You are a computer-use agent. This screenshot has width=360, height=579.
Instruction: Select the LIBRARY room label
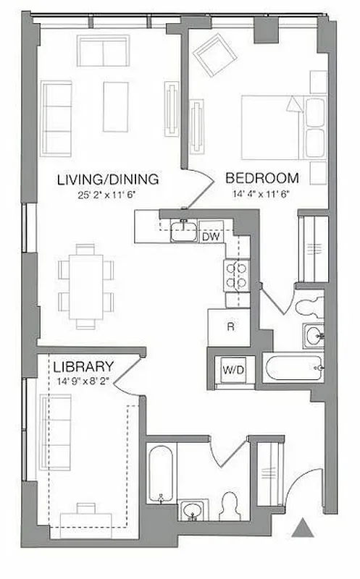pos(83,366)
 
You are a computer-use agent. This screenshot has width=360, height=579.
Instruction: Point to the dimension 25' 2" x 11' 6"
pos(108,194)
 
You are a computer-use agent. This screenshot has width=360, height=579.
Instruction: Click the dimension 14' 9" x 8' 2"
pos(83,380)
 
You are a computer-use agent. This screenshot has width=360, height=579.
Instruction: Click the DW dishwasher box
pos(211,236)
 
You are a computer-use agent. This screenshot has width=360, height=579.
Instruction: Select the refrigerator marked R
pos(230,326)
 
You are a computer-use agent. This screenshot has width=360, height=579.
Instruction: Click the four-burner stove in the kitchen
pos(237,275)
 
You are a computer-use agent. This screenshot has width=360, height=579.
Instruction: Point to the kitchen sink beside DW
pos(183,232)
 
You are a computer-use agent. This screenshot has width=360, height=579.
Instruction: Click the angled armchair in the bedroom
pos(213,54)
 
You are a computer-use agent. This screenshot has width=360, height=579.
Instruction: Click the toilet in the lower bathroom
pos(231,506)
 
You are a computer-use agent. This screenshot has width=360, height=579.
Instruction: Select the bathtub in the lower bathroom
pos(161,474)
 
